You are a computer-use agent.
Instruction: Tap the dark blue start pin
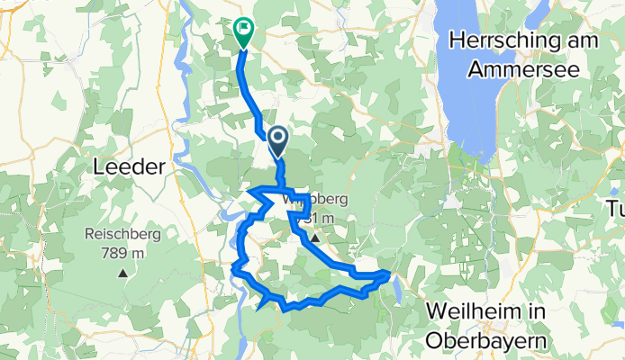click(277, 139)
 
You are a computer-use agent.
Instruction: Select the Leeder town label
click(130, 166)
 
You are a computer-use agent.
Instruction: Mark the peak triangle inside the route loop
click(315, 238)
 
